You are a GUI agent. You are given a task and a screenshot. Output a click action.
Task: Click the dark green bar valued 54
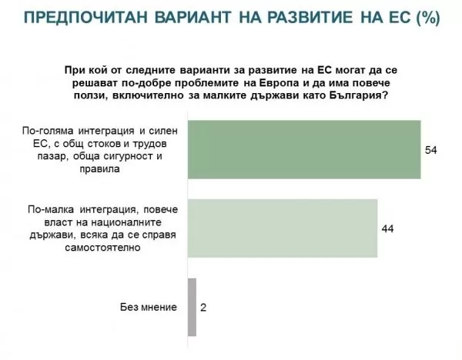304,149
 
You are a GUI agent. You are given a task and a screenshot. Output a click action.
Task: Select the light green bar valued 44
283,228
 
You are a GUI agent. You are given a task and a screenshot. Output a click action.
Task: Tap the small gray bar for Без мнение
192,308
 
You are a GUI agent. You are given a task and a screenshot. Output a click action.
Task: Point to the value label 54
430,150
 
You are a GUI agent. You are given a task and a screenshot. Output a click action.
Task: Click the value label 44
387,228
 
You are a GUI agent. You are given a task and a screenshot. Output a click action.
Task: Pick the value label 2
203,308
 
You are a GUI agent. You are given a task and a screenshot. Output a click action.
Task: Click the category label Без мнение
149,308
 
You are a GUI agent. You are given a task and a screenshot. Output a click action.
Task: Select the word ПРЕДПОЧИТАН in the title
85,17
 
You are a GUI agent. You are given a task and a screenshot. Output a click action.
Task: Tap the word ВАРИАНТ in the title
193,17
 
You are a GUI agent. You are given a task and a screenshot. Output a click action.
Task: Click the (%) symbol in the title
428,18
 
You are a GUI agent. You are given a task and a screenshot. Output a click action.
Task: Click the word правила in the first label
99,169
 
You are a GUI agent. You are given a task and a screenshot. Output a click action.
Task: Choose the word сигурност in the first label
128,156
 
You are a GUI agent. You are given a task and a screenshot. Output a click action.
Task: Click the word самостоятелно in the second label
102,248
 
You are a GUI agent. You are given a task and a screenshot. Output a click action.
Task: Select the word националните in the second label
126,222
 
